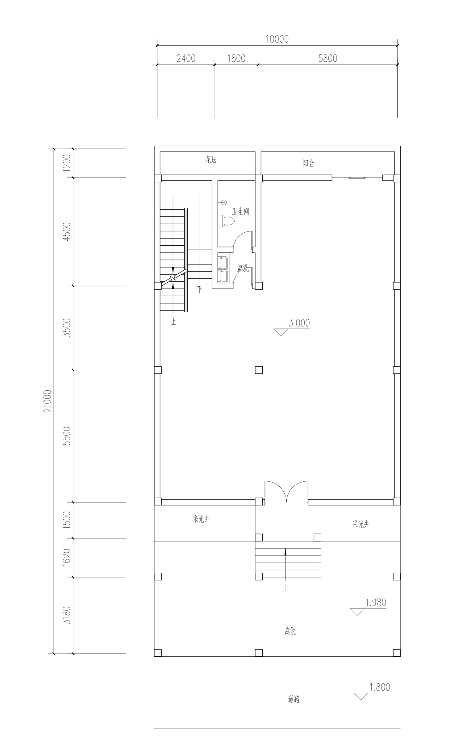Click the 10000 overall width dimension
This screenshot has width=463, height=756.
pyautogui.click(x=277, y=39)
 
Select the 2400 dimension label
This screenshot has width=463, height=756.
pyautogui.click(x=186, y=58)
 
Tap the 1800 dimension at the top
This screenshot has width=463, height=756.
pyautogui.click(x=236, y=58)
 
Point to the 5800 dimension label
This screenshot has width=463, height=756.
pyautogui.click(x=327, y=58)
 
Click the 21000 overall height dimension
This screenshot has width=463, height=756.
pyautogui.click(x=48, y=401)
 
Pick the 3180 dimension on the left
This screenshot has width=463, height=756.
pyautogui.click(x=67, y=615)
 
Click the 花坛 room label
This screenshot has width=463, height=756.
pyautogui.click(x=211, y=160)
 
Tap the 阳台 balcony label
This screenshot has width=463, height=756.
pyautogui.click(x=309, y=163)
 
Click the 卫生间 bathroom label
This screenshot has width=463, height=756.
pyautogui.click(x=240, y=211)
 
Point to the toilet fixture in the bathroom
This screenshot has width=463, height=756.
pyautogui.click(x=226, y=221)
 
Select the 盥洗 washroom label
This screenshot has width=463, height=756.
pyautogui.click(x=243, y=268)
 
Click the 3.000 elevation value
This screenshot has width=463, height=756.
pyautogui.click(x=299, y=323)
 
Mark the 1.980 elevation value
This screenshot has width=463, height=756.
pyautogui.click(x=376, y=602)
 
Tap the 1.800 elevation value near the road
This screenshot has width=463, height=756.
pyautogui.click(x=380, y=687)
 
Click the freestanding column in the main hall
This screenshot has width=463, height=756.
pyautogui.click(x=259, y=370)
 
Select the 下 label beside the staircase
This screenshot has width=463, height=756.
pyautogui.click(x=200, y=289)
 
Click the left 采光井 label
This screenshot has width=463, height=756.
pyautogui.click(x=201, y=519)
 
